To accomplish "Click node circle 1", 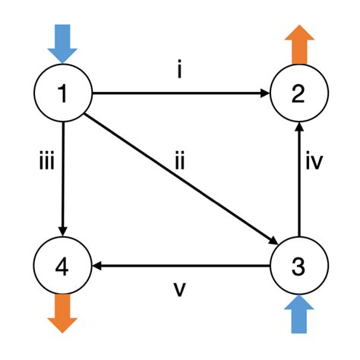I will [63, 94].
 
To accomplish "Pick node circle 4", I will [63, 267].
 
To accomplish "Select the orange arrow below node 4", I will [63, 313].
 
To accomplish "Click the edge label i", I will [180, 73].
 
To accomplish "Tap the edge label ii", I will [180, 162].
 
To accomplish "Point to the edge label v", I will [180, 290].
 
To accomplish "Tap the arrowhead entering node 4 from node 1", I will [63, 232].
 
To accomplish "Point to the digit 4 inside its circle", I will [63, 267].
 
